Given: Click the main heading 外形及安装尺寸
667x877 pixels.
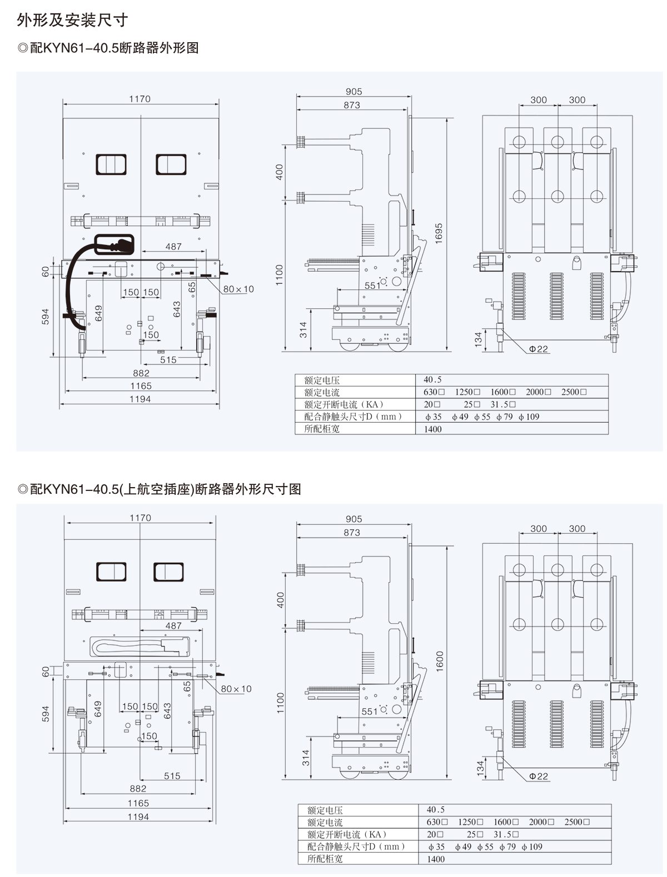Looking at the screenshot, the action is pyautogui.click(x=72, y=20).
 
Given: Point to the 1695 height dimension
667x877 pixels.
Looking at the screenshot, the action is pyautogui.click(x=439, y=234).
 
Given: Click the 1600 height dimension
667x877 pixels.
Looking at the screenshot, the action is pyautogui.click(x=440, y=661).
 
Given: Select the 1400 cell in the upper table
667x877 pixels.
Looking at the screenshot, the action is pyautogui.click(x=432, y=429).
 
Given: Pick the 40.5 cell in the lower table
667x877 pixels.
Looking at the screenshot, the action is pyautogui.click(x=435, y=809).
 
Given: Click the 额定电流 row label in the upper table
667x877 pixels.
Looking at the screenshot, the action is pyautogui.click(x=322, y=392).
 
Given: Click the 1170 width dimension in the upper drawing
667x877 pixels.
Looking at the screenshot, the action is pyautogui.click(x=140, y=99).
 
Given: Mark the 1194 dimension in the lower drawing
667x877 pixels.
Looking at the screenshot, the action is pyautogui.click(x=138, y=817).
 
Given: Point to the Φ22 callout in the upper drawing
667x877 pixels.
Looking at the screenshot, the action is pyautogui.click(x=539, y=349).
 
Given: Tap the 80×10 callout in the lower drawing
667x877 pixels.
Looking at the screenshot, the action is pyautogui.click(x=236, y=689).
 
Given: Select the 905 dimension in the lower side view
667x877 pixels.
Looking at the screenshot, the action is pyautogui.click(x=354, y=519).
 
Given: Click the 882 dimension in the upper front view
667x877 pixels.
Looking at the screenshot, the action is pyautogui.click(x=141, y=373).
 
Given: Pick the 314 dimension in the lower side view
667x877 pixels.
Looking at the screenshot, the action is pyautogui.click(x=306, y=758).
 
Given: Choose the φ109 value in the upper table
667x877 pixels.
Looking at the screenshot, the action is pyautogui.click(x=529, y=417).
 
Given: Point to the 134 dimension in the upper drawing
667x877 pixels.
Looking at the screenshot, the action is pyautogui.click(x=478, y=339).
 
